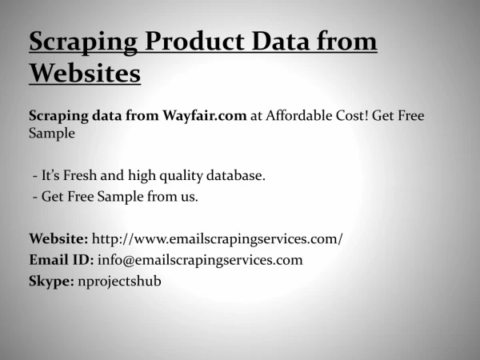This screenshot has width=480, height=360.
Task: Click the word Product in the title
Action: (194, 41)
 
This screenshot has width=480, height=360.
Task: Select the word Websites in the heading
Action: (85, 73)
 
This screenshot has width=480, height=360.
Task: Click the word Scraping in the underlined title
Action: (83, 42)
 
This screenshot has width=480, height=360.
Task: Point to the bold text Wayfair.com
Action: (205, 116)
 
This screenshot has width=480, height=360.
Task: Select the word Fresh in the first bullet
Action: (80, 175)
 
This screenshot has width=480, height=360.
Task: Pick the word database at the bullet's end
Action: (236, 175)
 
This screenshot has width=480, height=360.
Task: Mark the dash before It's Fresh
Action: (35, 176)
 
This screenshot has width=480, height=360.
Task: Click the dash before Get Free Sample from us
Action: (35, 197)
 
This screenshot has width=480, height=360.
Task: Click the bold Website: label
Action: (58, 238)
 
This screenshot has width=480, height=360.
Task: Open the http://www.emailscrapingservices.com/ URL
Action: (218, 238)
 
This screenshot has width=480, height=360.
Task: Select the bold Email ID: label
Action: (62, 259)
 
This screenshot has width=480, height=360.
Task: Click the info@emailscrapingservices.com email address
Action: (200, 260)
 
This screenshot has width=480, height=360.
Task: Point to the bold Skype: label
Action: (51, 282)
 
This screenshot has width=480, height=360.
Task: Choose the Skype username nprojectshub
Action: (119, 282)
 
